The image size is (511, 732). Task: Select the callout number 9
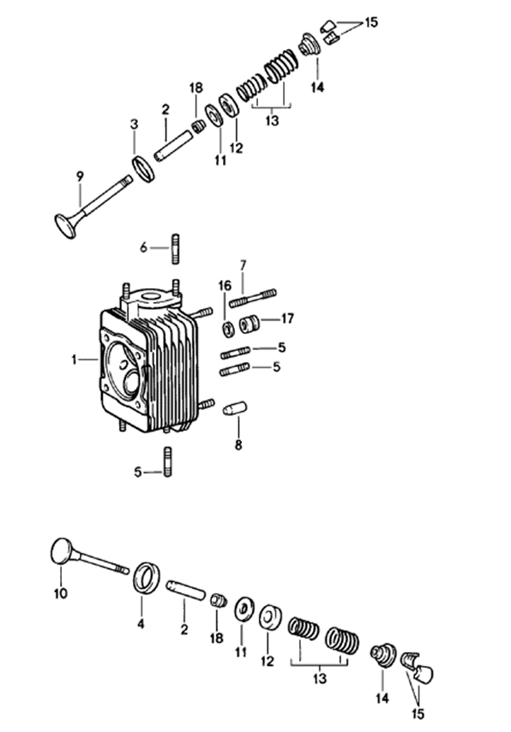[x=80, y=177]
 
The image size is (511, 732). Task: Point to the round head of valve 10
[x=62, y=550]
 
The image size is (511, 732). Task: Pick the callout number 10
[x=61, y=592]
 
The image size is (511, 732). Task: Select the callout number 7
[x=243, y=264]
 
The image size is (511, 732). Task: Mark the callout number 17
[x=287, y=319]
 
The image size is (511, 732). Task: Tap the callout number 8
[x=238, y=445]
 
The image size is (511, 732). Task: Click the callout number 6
[x=144, y=248]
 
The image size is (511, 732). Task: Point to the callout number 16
[x=225, y=286]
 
